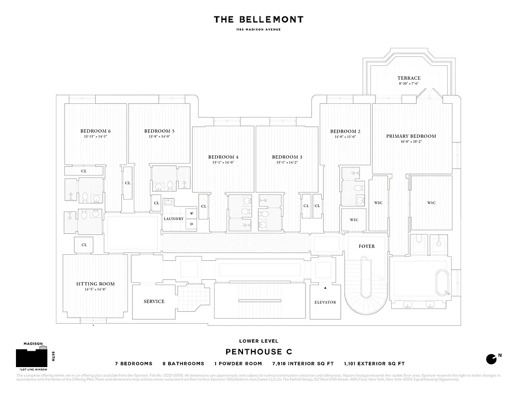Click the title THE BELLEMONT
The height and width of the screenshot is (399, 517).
click(258, 19)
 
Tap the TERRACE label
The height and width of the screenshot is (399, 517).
click(409, 78)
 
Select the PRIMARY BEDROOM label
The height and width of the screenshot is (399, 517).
click(411, 136)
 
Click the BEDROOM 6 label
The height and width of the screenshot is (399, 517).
click(95, 131)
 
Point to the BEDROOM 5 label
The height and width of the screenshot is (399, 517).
click(159, 131)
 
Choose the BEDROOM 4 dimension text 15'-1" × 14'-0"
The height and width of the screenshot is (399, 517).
click(223, 162)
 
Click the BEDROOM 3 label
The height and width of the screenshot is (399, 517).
click(287, 157)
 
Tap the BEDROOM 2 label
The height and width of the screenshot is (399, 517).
click(345, 131)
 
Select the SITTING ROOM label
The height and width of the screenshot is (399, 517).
click(95, 284)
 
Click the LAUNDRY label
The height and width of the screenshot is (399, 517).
click(174, 219)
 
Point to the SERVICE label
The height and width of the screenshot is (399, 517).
click(154, 301)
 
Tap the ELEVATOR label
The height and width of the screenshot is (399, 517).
click(325, 302)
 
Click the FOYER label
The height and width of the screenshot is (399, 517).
click(366, 246)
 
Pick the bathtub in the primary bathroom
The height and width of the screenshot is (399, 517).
click(442, 283)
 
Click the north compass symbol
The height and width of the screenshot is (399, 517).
click(492, 359)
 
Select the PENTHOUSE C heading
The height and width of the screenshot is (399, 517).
click(258, 352)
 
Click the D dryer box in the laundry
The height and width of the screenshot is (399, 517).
click(192, 224)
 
